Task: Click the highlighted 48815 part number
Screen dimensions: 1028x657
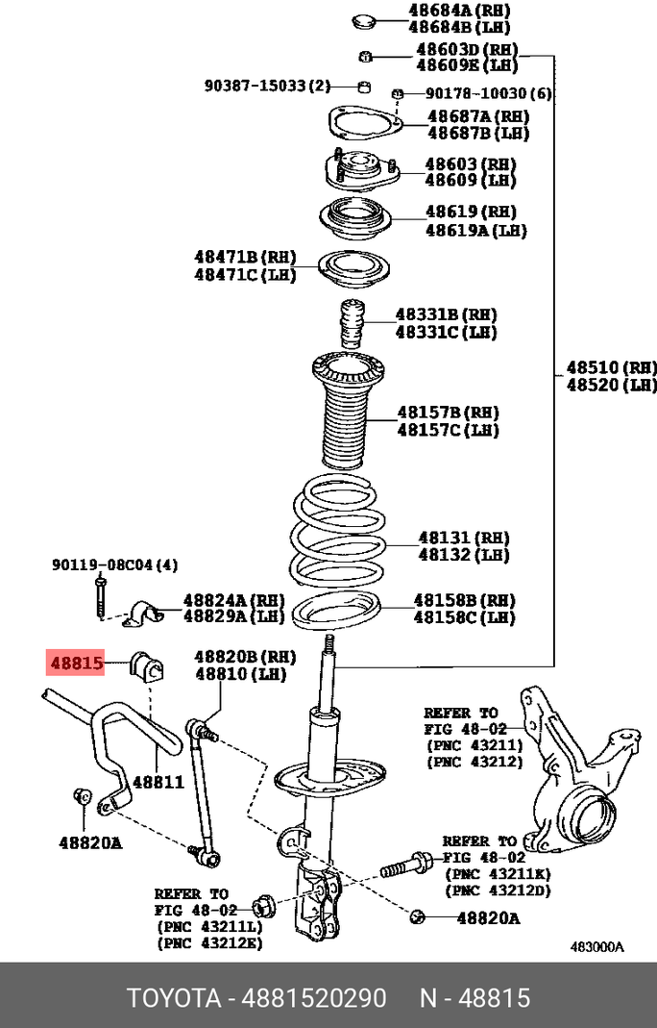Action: [x=76, y=662]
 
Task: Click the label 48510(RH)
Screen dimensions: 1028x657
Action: [x=611, y=367]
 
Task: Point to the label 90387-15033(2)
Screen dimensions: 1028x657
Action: [x=266, y=86]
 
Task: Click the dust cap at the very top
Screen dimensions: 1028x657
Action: [x=363, y=19]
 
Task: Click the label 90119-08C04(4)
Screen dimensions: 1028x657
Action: [x=114, y=564]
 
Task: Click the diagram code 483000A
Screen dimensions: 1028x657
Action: [x=596, y=946]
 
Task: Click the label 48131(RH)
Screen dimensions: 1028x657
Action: [x=463, y=539]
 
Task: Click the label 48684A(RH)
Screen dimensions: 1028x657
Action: [x=459, y=11]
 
